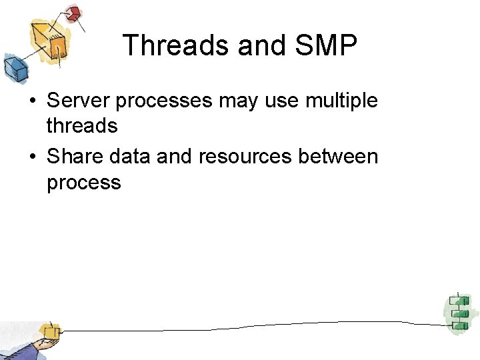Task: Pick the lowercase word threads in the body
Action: coord(82,125)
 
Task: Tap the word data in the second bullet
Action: coord(125,157)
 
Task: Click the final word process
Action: coord(84,183)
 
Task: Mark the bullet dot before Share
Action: coord(32,157)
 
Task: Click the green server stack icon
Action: coord(458,311)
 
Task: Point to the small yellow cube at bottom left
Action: coord(49,331)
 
